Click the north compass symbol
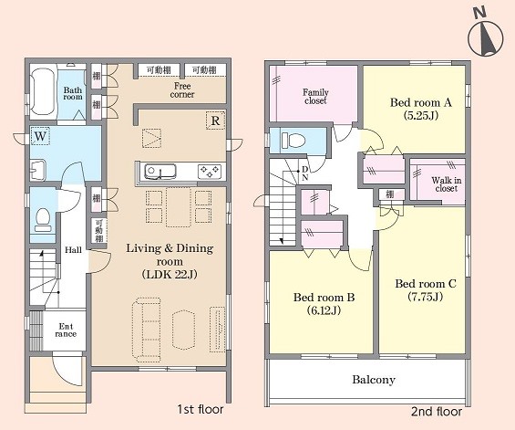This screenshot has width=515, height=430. pyautogui.click(x=485, y=36)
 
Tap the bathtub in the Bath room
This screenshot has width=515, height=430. pyautogui.click(x=43, y=91)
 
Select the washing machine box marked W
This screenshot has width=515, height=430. pyautogui.click(x=40, y=136)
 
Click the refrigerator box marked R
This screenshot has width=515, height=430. pyautogui.click(x=215, y=121)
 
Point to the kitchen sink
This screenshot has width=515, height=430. pyautogui.click(x=160, y=172)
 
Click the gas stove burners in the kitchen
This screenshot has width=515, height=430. pyautogui.click(x=210, y=172)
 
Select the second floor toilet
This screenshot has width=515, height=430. pyautogui.click(x=294, y=141)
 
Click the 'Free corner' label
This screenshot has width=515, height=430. pyautogui.click(x=182, y=90)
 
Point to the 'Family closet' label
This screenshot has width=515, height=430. pyautogui.click(x=315, y=97)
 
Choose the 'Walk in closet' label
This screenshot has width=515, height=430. pyautogui.click(x=446, y=184)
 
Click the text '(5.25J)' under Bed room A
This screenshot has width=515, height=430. pyautogui.click(x=421, y=115)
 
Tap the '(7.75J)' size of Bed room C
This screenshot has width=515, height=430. pyautogui.click(x=426, y=297)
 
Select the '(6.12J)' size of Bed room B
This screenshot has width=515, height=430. pyautogui.click(x=324, y=310)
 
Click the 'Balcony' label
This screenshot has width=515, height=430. pyautogui.click(x=374, y=380)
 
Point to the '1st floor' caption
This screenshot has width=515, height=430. pyautogui.click(x=201, y=409)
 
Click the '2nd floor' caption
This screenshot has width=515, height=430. pyautogui.click(x=437, y=411)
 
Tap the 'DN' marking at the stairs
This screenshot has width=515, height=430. pyautogui.click(x=305, y=173)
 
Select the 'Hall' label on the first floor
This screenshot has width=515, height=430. pyautogui.click(x=73, y=250)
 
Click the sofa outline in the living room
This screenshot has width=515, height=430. pyautogui.click(x=147, y=330)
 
